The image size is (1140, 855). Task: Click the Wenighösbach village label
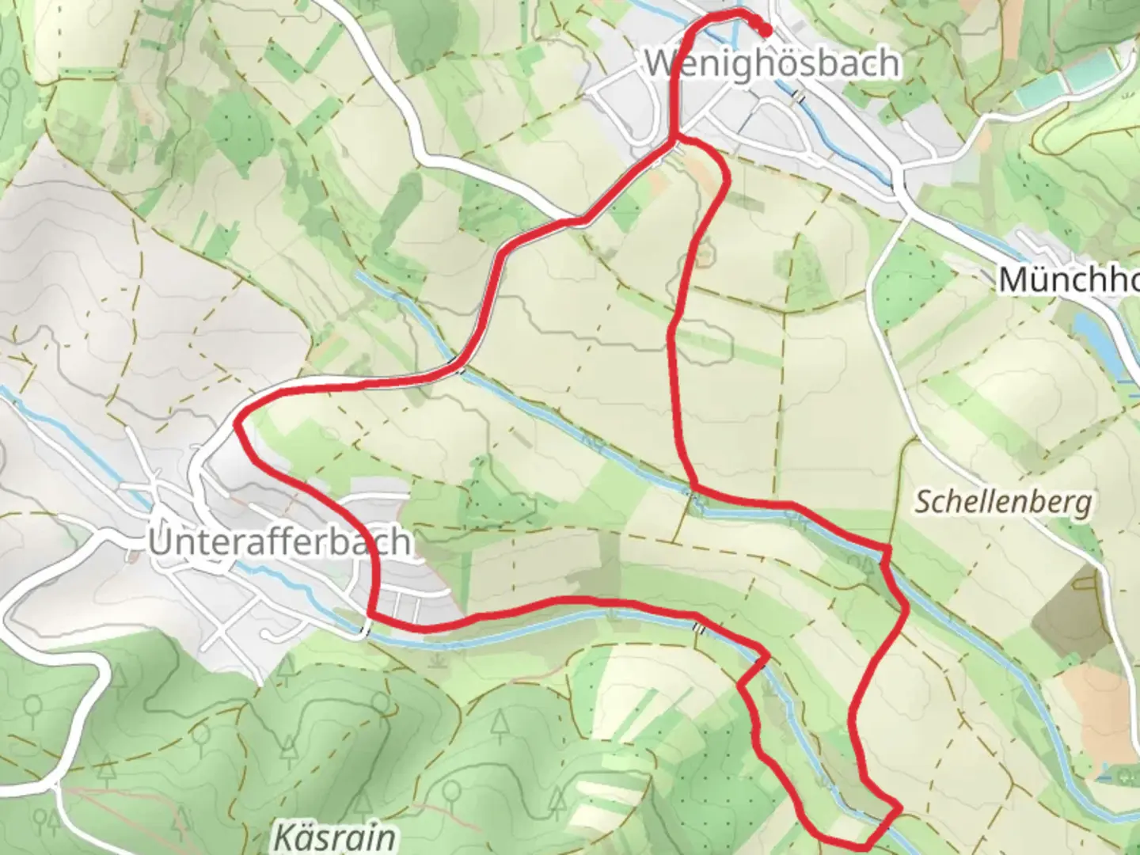click(x=773, y=63)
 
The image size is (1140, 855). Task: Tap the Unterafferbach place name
click(x=279, y=542)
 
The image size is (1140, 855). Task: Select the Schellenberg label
click(x=1004, y=502)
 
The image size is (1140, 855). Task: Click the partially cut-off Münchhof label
click(x=1069, y=279)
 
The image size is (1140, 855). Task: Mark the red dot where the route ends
click(x=766, y=30)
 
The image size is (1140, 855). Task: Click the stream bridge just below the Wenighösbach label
click(x=800, y=95)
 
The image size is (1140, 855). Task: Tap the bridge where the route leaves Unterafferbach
click(x=365, y=630)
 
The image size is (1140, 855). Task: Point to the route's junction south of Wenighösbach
click(x=674, y=142)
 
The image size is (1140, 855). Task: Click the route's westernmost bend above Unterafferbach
click(x=237, y=424)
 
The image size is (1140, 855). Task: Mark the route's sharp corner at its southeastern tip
click(x=899, y=808)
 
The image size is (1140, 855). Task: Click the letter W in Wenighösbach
click(x=660, y=63)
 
